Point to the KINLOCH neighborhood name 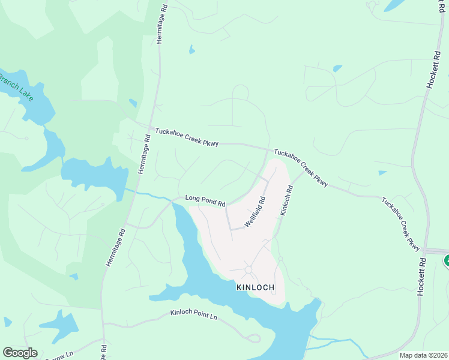tap(256, 287)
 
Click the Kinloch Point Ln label tap(193, 314)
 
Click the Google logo tap(20, 353)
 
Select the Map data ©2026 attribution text tap(423, 355)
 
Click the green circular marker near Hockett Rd tap(447, 261)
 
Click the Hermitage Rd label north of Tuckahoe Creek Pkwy tap(160, 22)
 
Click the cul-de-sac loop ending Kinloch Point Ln tap(254, 338)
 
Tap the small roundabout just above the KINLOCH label tap(249, 269)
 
